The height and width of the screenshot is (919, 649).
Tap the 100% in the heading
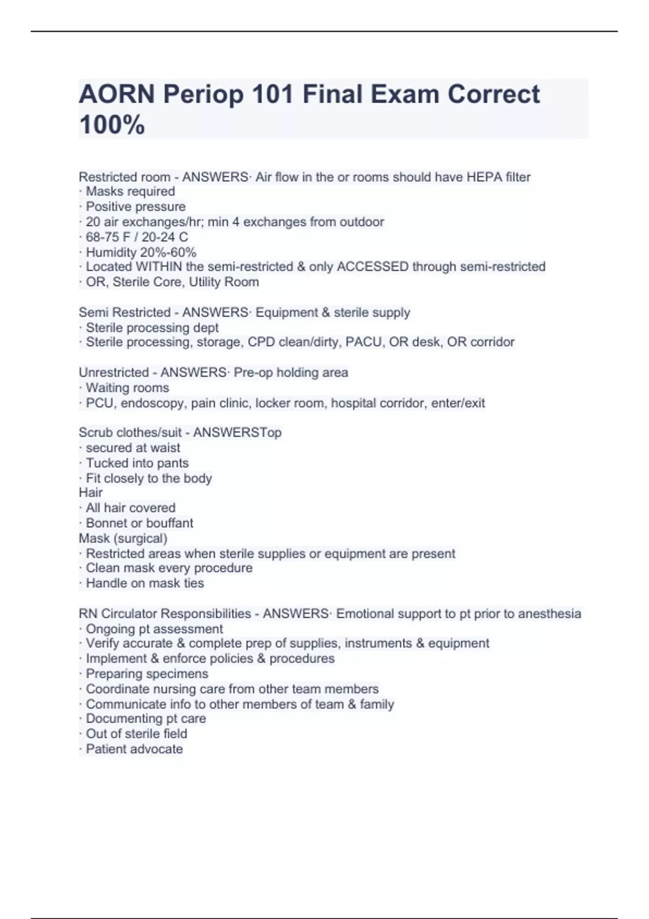click(x=112, y=125)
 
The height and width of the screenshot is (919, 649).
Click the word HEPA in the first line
click(x=485, y=177)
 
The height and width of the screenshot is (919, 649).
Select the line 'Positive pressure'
click(x=135, y=207)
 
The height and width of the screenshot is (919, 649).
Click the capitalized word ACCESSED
click(x=373, y=267)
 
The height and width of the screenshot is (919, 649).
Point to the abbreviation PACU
click(x=363, y=342)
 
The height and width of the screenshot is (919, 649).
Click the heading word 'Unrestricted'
click(x=114, y=372)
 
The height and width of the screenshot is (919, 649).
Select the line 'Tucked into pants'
click(x=137, y=463)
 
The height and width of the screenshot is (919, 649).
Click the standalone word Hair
click(x=90, y=492)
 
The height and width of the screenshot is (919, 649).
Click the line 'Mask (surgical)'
click(x=123, y=538)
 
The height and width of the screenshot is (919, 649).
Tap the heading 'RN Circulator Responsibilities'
click(x=164, y=614)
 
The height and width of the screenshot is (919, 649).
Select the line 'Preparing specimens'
click(x=147, y=674)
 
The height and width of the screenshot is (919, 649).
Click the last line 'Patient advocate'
click(x=134, y=749)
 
